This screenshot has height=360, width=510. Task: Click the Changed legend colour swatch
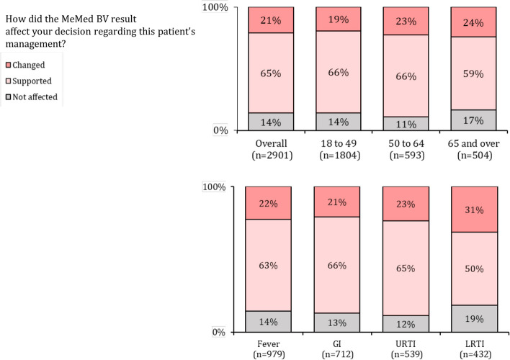[x=9, y=65]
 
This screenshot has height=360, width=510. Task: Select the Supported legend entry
[x=29, y=81]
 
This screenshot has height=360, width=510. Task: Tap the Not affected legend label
[x=35, y=97]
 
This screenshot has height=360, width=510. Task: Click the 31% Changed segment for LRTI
[x=474, y=210]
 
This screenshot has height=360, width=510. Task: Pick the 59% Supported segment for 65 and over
[x=473, y=73]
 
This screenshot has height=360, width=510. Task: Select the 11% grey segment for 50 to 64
[x=406, y=124]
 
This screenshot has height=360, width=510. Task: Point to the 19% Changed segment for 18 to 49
[x=339, y=19]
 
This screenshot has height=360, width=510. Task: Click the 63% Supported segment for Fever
[x=269, y=266]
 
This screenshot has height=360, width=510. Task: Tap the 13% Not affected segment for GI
[x=337, y=323]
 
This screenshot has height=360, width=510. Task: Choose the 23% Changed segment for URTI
[x=406, y=204]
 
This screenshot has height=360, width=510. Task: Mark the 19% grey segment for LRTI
[x=474, y=319]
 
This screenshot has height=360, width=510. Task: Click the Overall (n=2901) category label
[x=272, y=149]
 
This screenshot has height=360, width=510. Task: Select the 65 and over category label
[x=473, y=143]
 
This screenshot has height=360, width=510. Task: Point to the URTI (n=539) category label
[x=406, y=349]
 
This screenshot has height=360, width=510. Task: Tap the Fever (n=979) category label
[x=269, y=349]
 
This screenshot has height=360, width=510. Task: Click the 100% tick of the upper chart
[x=215, y=7]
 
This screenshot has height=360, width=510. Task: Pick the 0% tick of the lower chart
[x=219, y=332]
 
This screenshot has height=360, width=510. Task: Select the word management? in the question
[x=35, y=44]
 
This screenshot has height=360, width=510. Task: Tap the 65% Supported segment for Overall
[x=271, y=73]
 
